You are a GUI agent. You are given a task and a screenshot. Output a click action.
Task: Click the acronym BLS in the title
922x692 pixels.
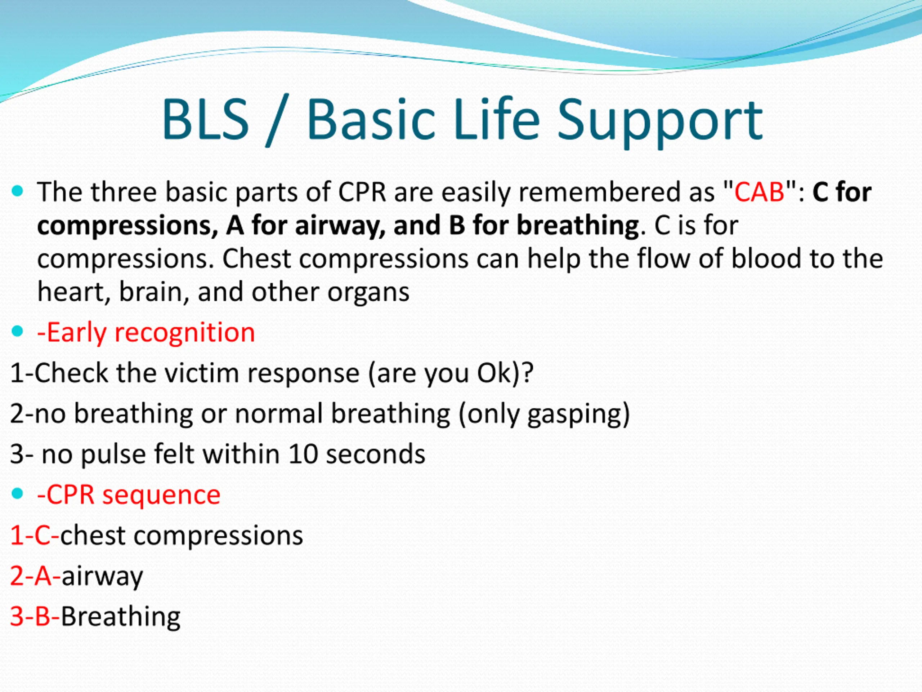click(x=206, y=119)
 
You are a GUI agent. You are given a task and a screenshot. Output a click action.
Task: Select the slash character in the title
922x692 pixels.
click(x=277, y=122)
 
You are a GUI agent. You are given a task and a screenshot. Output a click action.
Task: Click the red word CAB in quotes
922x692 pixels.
click(x=760, y=192)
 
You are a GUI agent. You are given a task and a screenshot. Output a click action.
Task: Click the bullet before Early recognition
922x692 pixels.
click(x=18, y=332)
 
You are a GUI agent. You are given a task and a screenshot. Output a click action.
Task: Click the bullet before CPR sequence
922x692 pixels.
click(x=18, y=494)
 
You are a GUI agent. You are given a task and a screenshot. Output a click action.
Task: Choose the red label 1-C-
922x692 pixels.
click(x=35, y=535)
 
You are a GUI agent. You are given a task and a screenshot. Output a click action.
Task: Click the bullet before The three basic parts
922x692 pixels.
click(x=18, y=191)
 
